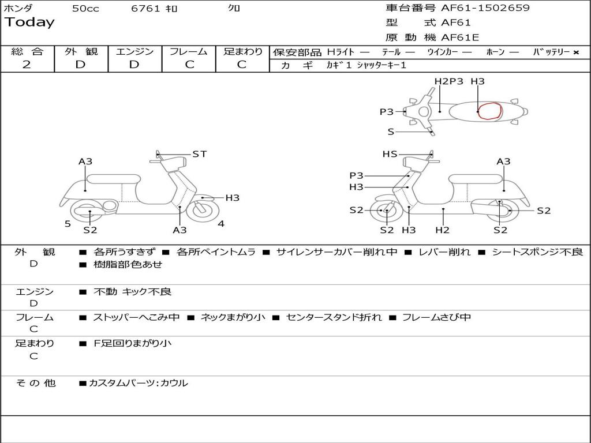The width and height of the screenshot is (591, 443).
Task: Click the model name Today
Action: click(x=29, y=22)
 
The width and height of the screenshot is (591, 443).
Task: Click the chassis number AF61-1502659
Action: click(x=485, y=8)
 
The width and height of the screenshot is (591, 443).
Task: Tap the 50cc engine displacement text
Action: click(x=85, y=9)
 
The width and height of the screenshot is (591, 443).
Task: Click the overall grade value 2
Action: click(x=27, y=65)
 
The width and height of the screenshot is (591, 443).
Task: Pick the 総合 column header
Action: click(x=27, y=51)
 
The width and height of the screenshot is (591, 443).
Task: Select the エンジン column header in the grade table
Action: click(x=135, y=51)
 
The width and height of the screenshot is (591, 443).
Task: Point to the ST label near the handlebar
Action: click(x=199, y=154)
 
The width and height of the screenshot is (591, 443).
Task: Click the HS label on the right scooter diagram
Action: click(x=390, y=154)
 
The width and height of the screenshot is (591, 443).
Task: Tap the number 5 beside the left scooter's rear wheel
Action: click(x=68, y=224)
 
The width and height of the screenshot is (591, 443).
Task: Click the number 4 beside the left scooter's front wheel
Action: click(x=221, y=224)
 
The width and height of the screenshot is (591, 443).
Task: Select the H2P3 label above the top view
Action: click(x=449, y=81)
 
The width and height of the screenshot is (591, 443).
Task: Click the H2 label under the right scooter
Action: click(x=443, y=230)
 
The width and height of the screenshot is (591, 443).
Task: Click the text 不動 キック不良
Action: click(x=132, y=292)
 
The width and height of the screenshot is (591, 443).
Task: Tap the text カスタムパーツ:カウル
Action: click(x=138, y=383)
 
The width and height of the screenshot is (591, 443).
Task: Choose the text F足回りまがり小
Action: click(x=132, y=343)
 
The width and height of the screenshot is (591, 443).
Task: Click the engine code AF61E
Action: click(x=460, y=38)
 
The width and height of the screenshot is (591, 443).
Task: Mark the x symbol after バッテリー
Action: click(x=576, y=52)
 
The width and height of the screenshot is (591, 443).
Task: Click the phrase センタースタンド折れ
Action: click(x=334, y=317)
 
